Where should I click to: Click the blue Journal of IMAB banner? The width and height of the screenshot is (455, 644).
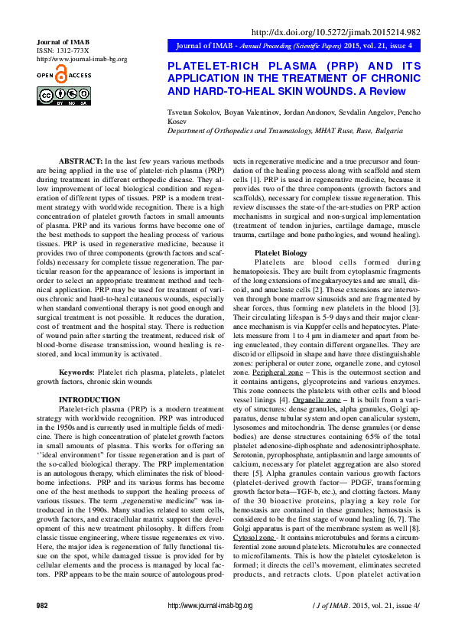coord(295,47)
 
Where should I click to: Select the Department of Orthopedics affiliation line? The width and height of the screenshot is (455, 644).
coord(284,131)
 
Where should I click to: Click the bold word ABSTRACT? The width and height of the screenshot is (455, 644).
coord(80,162)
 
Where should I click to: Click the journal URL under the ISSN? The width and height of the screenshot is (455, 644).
coord(82,59)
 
